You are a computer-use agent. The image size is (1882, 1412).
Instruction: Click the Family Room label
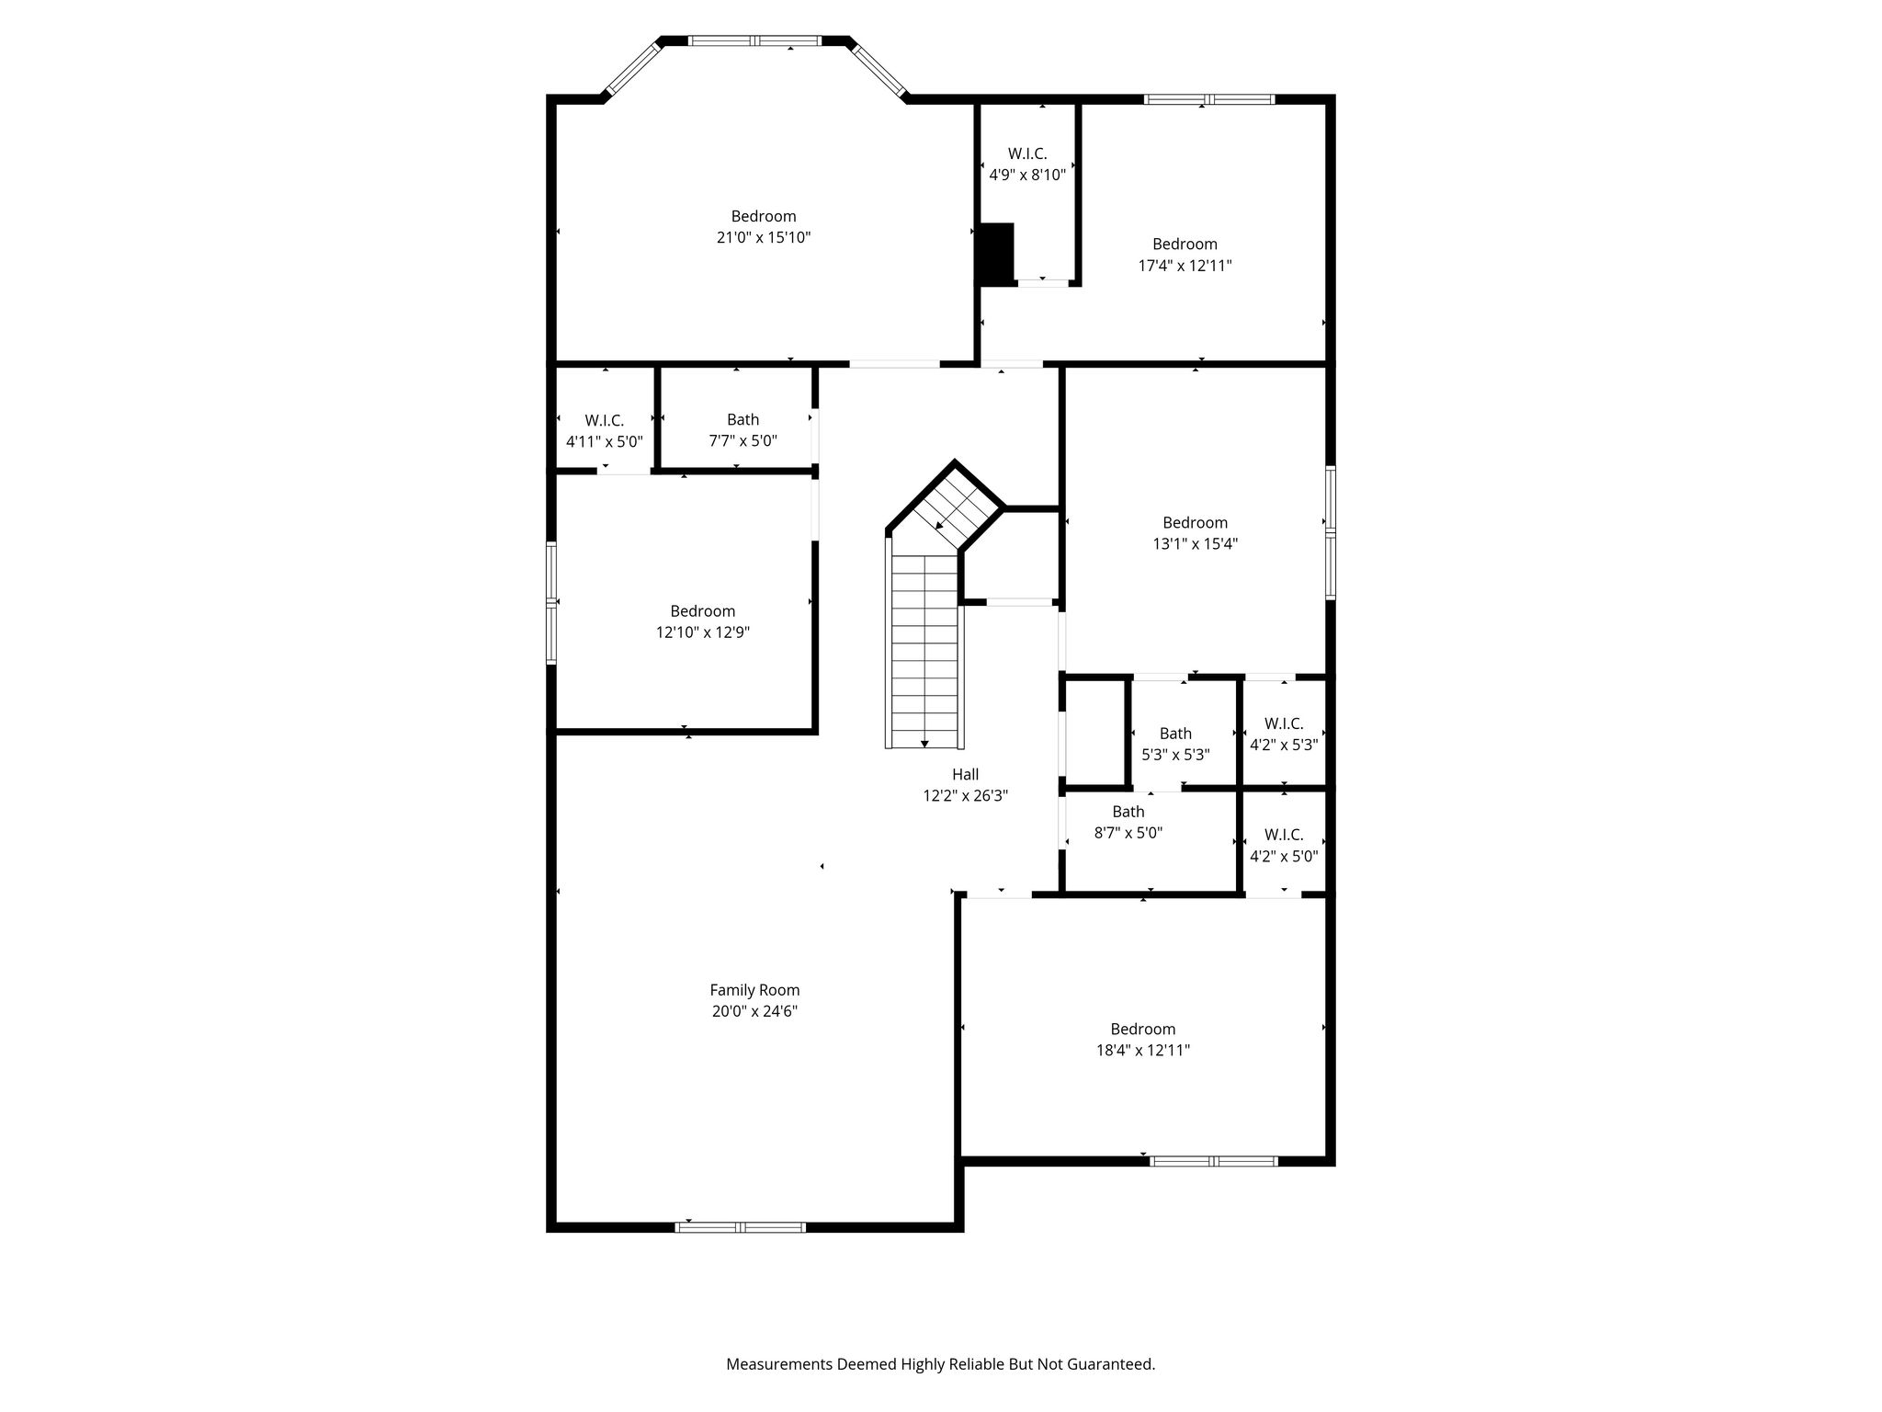[754, 990]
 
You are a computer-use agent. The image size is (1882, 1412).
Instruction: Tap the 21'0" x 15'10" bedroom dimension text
[764, 237]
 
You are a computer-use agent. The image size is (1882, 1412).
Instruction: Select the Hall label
[965, 774]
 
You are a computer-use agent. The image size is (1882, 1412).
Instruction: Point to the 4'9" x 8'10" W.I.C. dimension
[1027, 175]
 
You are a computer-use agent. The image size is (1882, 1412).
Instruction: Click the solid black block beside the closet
[995, 254]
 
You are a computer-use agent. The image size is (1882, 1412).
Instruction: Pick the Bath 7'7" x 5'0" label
[743, 430]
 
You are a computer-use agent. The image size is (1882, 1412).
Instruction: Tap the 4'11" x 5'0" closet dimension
[605, 441]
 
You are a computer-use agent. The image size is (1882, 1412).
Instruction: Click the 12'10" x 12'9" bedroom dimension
[703, 632]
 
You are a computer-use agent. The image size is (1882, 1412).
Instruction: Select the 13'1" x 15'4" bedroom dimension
[1196, 543]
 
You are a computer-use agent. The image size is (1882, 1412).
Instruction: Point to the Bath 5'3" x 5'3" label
[1175, 744]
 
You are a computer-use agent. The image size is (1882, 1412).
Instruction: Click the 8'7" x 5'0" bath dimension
[1128, 833]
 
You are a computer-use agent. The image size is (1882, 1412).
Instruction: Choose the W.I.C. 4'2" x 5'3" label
[1284, 734]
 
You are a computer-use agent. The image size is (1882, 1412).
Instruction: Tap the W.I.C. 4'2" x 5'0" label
[1284, 845]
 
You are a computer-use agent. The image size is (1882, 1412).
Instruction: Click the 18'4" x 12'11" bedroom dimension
[1143, 1050]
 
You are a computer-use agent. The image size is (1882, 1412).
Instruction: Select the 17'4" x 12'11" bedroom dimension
[1185, 266]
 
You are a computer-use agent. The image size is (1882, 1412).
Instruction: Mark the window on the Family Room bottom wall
[741, 1227]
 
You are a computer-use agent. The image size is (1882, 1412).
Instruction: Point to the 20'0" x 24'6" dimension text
[754, 1011]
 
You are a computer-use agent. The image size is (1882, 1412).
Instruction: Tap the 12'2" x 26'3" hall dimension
[965, 796]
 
